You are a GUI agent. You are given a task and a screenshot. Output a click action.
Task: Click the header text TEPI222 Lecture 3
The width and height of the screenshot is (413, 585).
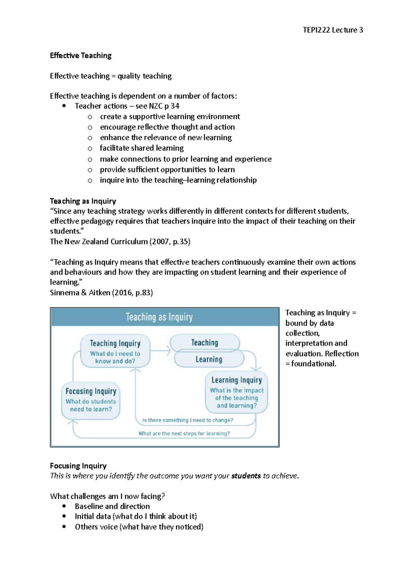point(332,30)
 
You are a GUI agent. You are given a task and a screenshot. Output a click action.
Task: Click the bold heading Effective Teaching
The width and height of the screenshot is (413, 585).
point(81,55)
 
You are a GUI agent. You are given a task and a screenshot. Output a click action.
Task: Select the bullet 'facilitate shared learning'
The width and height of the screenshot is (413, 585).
point(141,148)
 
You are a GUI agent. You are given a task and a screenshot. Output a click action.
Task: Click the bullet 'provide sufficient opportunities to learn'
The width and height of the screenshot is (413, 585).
point(167,170)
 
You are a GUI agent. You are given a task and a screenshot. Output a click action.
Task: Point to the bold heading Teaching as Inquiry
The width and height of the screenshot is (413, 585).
point(83,201)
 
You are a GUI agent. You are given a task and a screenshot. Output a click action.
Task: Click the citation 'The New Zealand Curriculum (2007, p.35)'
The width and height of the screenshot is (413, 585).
point(120,242)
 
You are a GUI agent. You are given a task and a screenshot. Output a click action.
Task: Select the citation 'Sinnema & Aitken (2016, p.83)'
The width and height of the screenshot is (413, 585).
point(101,292)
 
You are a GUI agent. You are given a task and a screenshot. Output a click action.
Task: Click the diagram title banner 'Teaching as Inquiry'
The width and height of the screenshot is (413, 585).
point(159,317)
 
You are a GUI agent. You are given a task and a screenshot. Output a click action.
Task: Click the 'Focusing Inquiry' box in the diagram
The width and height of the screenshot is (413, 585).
point(91,400)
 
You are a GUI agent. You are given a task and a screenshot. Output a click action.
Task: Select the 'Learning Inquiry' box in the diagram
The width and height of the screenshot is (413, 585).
point(236,392)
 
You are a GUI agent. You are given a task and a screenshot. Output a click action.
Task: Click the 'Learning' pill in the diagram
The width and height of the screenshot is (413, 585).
point(209,359)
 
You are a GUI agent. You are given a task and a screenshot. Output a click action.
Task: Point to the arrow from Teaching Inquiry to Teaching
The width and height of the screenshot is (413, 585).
point(160,351)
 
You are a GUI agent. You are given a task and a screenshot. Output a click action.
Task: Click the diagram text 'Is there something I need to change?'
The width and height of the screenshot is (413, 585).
point(188,420)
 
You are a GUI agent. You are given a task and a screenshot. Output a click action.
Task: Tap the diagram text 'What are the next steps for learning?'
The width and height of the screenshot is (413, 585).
point(184,433)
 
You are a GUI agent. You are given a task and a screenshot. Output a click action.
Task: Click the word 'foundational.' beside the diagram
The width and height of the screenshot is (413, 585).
point(314,364)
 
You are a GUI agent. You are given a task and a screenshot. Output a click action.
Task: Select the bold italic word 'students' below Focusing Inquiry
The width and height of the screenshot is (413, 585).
point(246,476)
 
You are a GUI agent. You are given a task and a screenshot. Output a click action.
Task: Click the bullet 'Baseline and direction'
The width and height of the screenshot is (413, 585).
point(112,506)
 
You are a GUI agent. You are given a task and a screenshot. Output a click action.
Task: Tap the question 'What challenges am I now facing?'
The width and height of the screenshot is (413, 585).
point(107,496)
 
